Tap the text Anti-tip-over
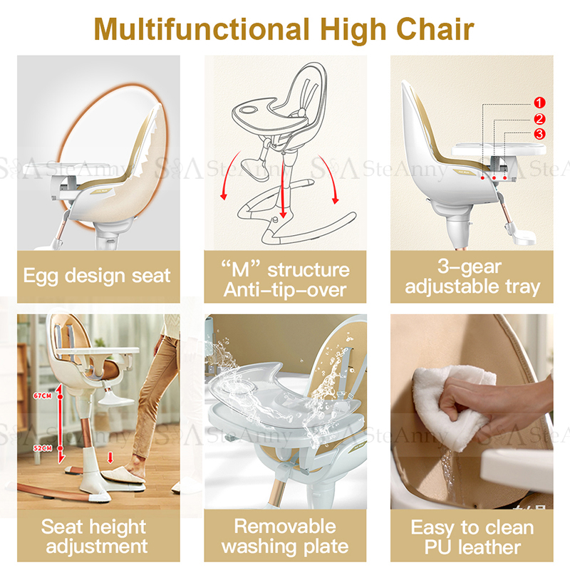coord(285,290)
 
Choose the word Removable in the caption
coord(285,527)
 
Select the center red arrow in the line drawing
coord(284,192)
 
